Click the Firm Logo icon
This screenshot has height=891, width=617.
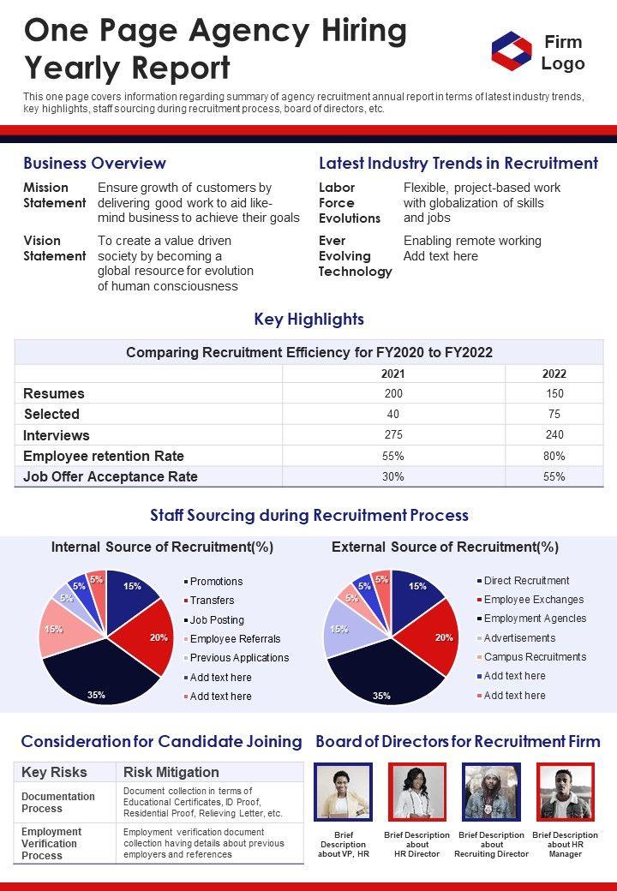(512, 51)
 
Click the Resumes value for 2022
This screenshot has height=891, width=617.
(554, 394)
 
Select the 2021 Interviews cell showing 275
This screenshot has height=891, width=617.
(393, 435)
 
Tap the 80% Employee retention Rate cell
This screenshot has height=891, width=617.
(554, 456)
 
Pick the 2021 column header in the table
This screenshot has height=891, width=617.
(393, 374)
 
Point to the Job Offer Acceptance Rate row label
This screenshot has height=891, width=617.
(111, 476)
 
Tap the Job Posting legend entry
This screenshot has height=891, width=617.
(217, 619)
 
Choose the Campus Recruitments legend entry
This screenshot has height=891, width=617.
(535, 657)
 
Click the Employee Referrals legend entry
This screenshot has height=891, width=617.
(235, 638)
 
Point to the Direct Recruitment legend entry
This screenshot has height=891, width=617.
(526, 581)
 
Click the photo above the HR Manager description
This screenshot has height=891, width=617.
(565, 792)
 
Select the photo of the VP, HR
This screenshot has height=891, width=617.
(343, 792)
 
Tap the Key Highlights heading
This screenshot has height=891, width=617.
(308, 320)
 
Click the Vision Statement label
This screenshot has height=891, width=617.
(54, 248)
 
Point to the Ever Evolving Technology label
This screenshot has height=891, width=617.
(355, 256)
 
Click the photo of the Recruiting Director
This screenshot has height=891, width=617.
(491, 792)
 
